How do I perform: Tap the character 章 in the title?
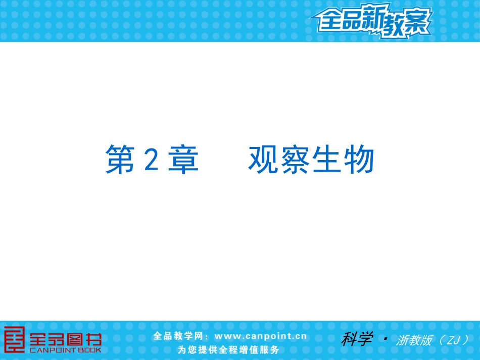(x=184, y=160)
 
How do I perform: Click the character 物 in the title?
(x=359, y=160)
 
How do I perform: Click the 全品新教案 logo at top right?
(x=371, y=22)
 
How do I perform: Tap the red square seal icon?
(x=14, y=339)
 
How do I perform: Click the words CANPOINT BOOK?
(x=66, y=349)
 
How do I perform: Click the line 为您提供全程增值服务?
(x=228, y=349)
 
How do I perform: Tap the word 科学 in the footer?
(x=357, y=338)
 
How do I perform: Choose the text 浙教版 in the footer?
(x=414, y=340)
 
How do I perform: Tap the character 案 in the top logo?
(x=417, y=23)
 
